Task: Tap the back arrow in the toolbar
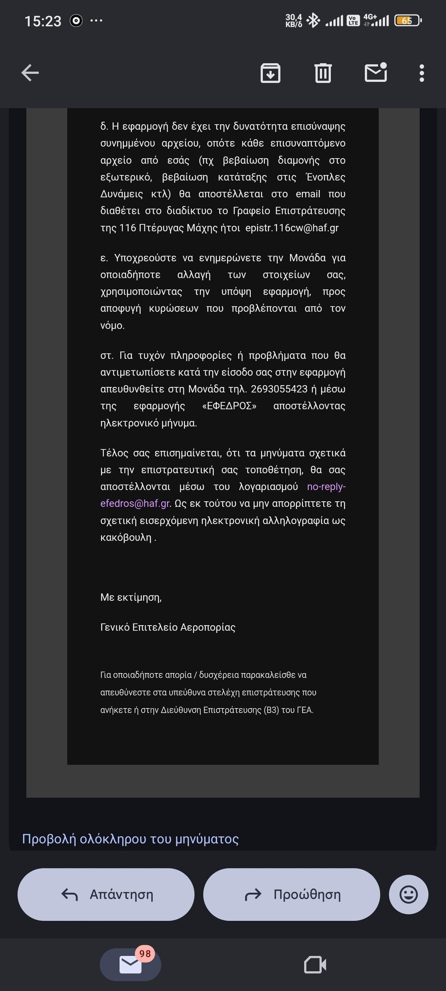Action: (30, 73)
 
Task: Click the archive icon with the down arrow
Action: (270, 73)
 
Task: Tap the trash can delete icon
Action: (323, 73)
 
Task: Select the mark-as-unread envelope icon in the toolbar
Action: (376, 73)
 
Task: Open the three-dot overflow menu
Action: (422, 73)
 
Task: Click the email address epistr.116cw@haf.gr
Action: (292, 228)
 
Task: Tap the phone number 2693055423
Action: (279, 389)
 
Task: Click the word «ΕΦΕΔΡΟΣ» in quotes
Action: (229, 406)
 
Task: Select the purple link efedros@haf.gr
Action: (135, 503)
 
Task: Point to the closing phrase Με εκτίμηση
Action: (131, 597)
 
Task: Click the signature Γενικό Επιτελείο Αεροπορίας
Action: (168, 627)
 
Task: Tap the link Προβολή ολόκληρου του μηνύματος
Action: (130, 839)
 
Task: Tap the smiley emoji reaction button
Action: (408, 894)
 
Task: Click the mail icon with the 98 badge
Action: (130, 965)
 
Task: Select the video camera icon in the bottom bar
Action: (315, 965)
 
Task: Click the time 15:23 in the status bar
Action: (43, 21)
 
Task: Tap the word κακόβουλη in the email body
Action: (126, 537)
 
